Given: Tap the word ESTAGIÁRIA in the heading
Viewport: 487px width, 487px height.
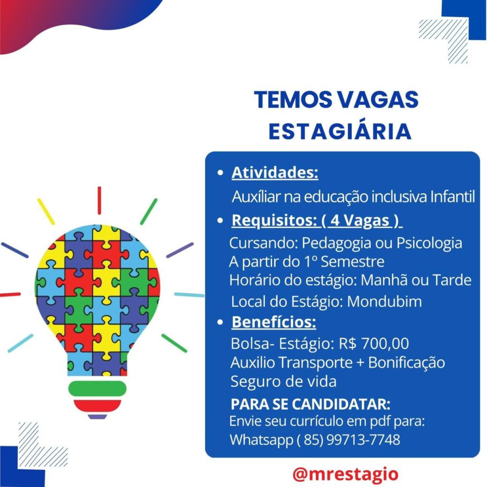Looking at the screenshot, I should coord(340,132).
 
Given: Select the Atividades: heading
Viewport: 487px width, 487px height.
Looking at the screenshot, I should coord(275,172).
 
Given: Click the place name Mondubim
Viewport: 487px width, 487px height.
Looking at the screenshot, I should coord(384,302).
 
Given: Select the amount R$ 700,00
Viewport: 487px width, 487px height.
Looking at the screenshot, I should coord(374,343).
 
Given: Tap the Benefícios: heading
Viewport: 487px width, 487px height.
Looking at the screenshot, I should coord(273,322).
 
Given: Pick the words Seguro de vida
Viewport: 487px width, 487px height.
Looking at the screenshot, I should coord(283,381).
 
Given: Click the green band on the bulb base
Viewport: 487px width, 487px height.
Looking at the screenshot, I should coord(97,389).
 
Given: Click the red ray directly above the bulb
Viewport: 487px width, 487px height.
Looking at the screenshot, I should coord(99,200).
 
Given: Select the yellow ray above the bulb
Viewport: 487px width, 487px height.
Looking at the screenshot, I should coord(46,212).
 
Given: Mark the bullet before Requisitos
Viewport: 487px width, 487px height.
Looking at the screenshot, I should coord(220,221).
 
